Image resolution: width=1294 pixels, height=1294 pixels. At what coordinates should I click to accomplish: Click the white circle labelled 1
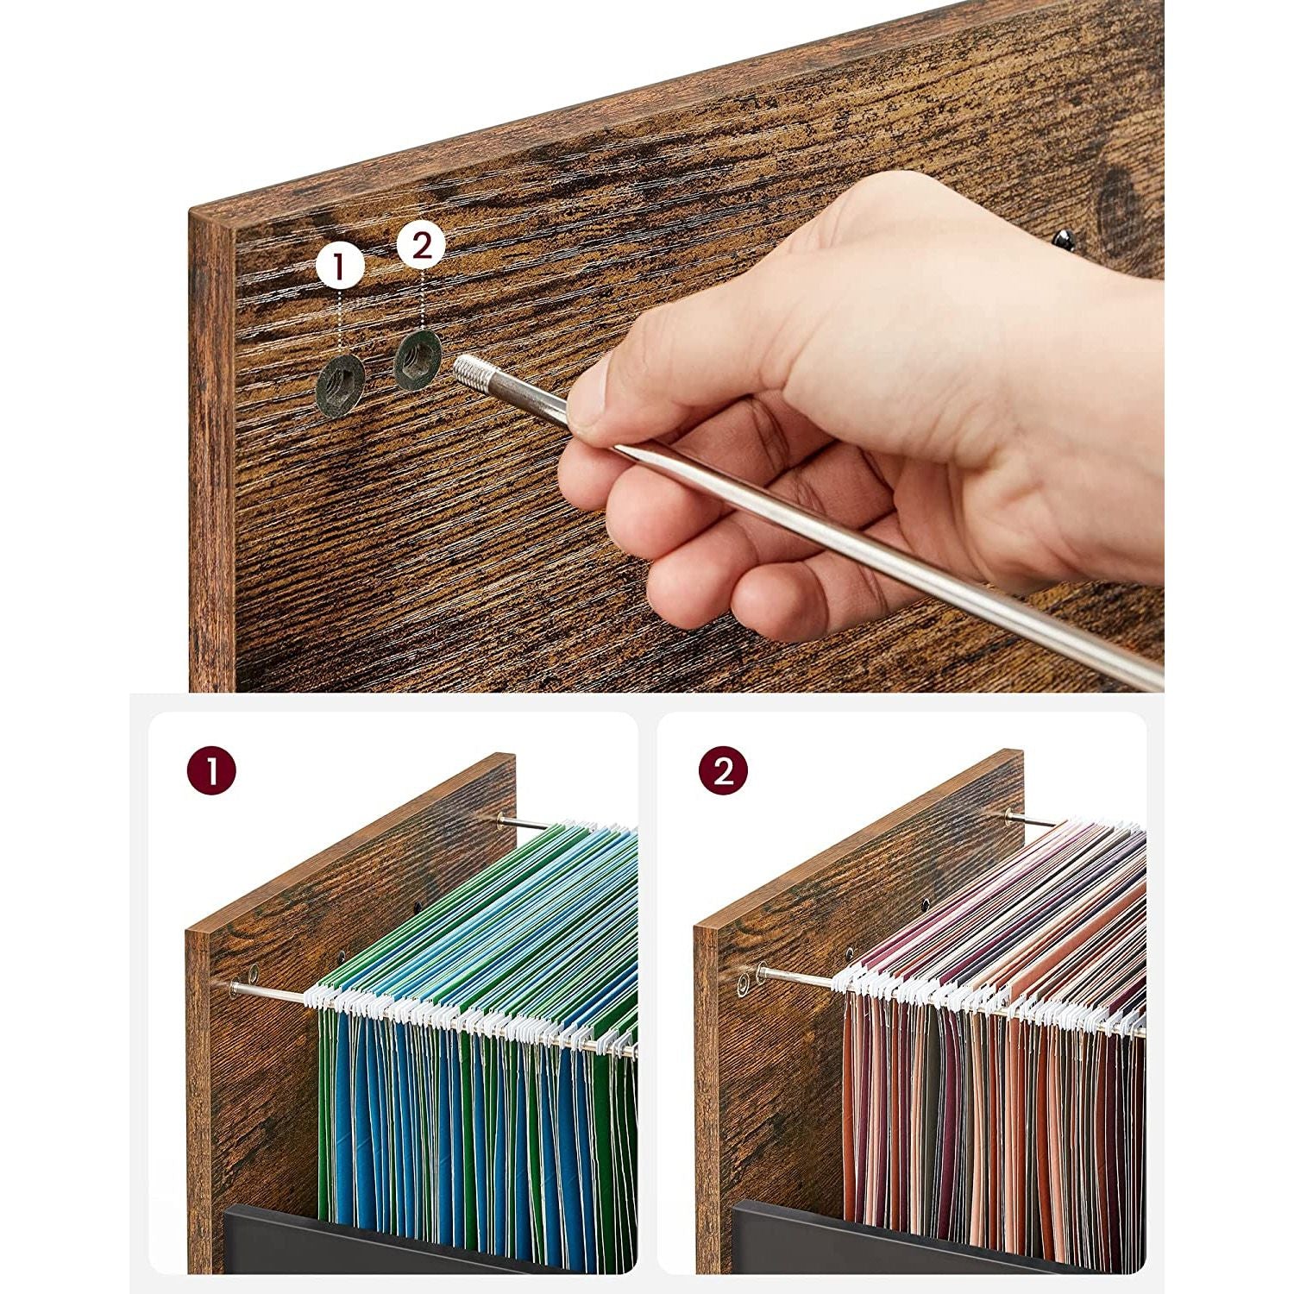340,267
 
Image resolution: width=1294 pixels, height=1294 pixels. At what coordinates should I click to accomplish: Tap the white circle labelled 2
421,246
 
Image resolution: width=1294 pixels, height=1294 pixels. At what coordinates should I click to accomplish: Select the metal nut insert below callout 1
340,389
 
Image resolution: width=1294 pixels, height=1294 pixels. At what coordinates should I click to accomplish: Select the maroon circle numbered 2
723,770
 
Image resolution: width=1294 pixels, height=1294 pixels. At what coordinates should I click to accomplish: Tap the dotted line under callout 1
340,328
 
